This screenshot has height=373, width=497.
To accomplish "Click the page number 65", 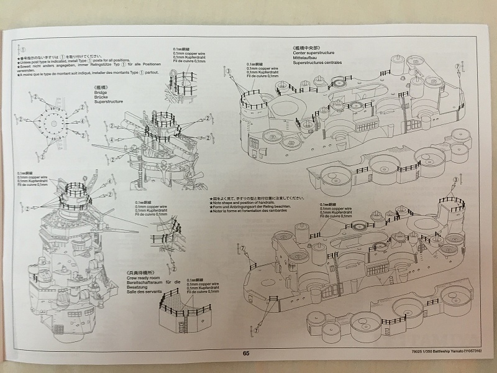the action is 246,353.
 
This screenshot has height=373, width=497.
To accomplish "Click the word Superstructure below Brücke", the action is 106,103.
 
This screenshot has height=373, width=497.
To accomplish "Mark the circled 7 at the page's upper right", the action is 458,66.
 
